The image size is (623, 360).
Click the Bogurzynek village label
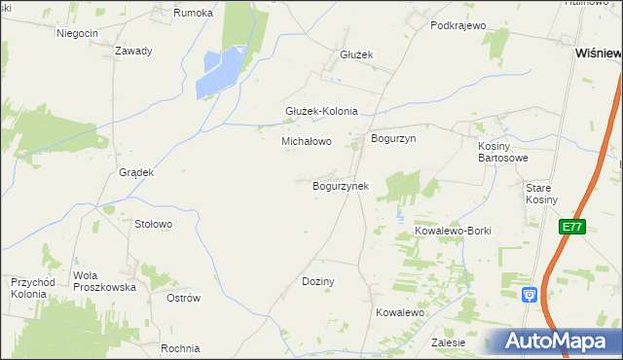point(340,185)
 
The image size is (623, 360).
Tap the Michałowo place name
point(307,141)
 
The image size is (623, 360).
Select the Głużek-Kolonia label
point(321,111)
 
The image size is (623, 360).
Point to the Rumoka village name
point(193,13)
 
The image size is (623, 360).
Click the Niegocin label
point(78,33)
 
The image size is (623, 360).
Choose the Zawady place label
point(133,51)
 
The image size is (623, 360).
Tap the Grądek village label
point(136,172)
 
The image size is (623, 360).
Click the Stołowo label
point(153,224)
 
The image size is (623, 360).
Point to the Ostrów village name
point(183,298)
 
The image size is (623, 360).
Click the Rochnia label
point(181,348)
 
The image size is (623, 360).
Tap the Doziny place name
point(318,281)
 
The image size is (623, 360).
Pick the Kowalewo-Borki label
point(454,231)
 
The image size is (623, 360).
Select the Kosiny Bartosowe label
point(503,152)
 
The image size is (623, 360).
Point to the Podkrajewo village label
point(458,25)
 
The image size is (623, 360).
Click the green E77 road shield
point(571,227)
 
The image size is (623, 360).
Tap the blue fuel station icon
point(530,294)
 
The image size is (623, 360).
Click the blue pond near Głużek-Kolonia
point(221,73)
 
